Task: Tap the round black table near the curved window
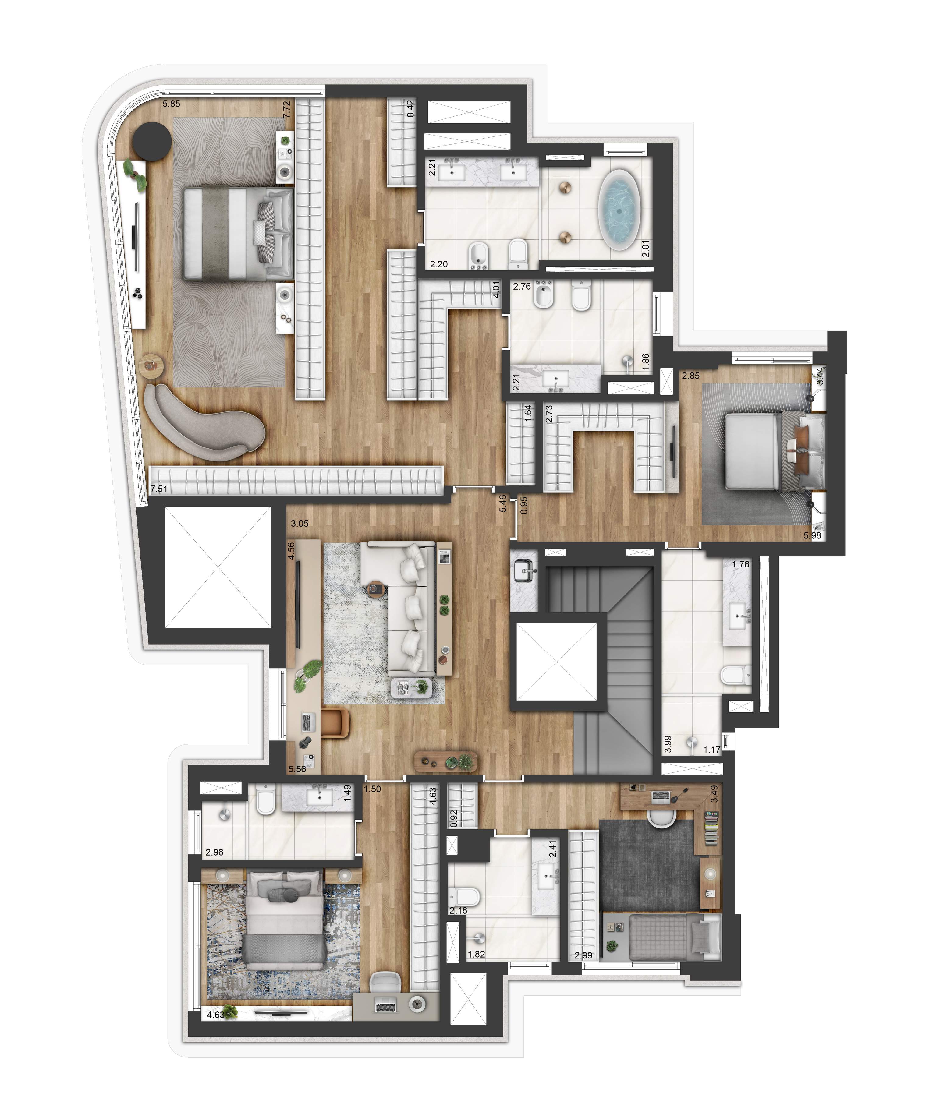pyautogui.click(x=152, y=141)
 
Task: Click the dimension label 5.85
pyautogui.click(x=172, y=104)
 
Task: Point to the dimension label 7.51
pyautogui.click(x=159, y=489)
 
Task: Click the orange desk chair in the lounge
pyautogui.click(x=336, y=722)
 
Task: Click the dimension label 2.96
pyautogui.click(x=214, y=852)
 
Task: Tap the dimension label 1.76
pyautogui.click(x=741, y=564)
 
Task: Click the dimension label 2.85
pyautogui.click(x=691, y=376)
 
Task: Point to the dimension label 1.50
pyautogui.click(x=372, y=789)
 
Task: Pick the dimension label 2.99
pyautogui.click(x=583, y=955)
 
